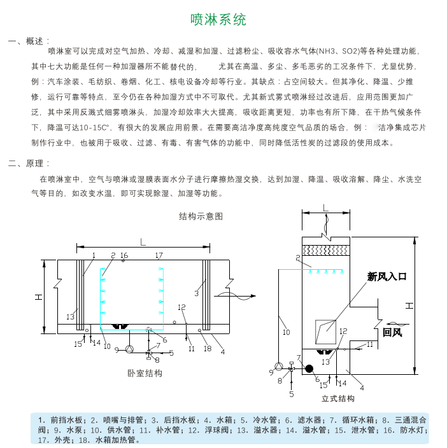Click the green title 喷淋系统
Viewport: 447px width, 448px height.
tap(218, 20)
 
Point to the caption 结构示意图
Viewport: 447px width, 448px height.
tap(201, 216)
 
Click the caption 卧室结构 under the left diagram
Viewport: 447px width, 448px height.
tap(145, 373)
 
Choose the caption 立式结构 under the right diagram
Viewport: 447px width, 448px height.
tap(338, 398)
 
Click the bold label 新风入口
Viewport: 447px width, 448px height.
tap(387, 277)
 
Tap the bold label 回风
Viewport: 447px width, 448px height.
tap(392, 332)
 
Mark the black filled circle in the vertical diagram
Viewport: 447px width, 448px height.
tap(309, 368)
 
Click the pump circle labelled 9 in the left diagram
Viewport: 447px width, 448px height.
tap(129, 349)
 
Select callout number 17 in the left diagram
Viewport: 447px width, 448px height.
tap(159, 255)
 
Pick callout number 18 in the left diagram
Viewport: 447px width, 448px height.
tap(208, 348)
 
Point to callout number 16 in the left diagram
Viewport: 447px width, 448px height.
tap(124, 255)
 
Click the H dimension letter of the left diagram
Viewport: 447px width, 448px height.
tap(38, 297)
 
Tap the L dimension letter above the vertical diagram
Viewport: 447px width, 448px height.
tap(325, 207)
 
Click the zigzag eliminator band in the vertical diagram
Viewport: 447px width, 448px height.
tap(326, 251)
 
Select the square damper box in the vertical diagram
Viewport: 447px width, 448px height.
tap(325, 332)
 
